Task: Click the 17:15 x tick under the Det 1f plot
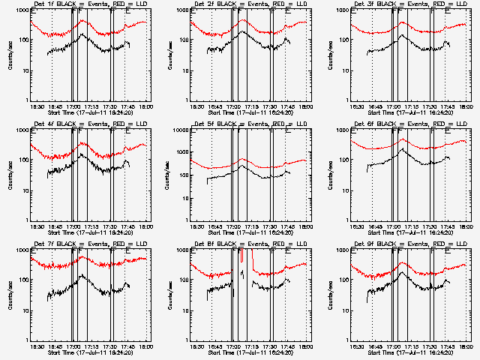click(90, 106)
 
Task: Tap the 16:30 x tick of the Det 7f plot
click(34, 346)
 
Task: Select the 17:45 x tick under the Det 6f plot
click(448, 226)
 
